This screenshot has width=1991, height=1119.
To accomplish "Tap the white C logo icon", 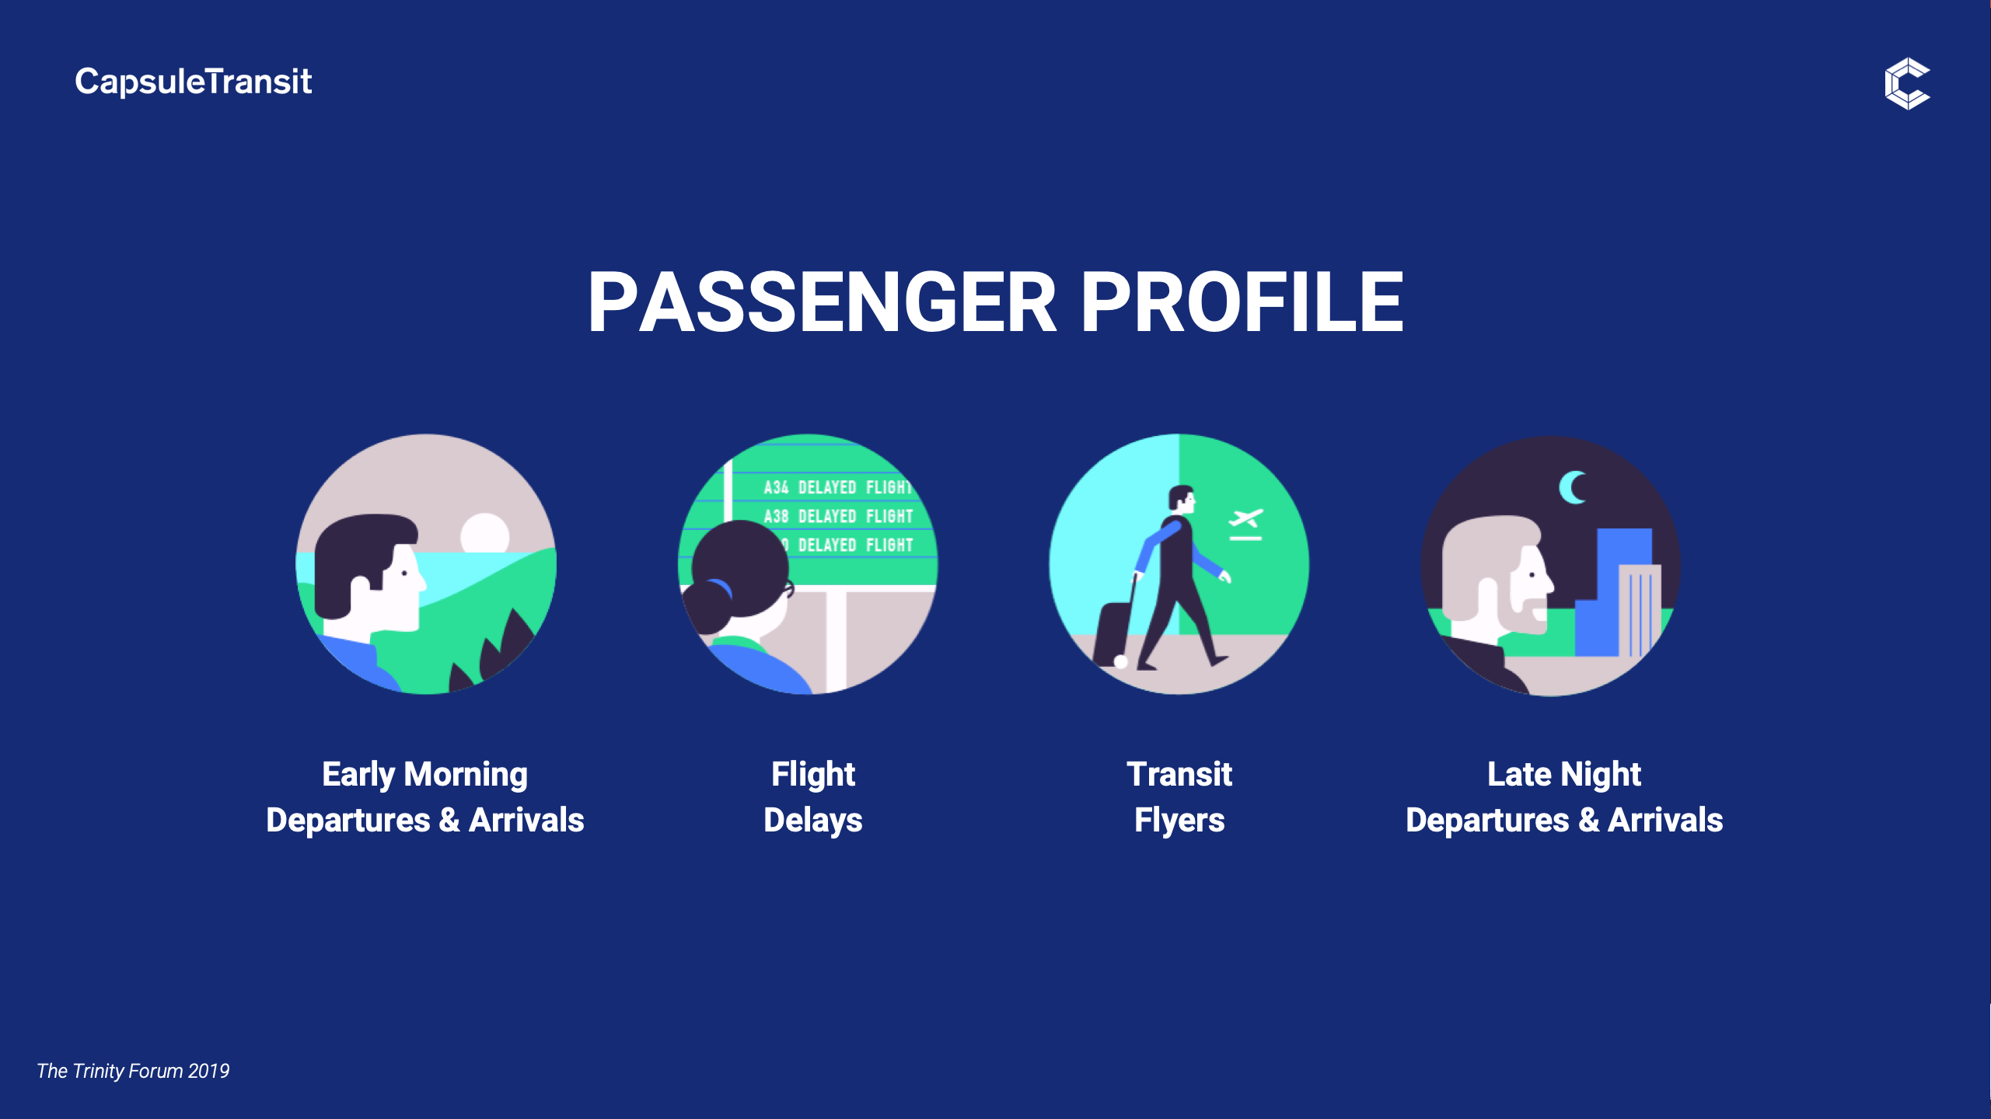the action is [1907, 83].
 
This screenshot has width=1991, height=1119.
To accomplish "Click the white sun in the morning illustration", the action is [484, 534].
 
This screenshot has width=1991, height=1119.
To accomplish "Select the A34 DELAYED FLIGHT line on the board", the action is [837, 487].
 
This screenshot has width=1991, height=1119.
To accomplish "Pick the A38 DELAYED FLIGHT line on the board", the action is [838, 516].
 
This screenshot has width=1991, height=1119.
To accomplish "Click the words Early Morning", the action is [424, 775].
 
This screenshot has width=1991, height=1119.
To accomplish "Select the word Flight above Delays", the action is [813, 775].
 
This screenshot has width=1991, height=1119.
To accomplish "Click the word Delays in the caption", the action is [813, 821].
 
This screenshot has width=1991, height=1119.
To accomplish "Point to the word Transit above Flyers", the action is [1179, 774].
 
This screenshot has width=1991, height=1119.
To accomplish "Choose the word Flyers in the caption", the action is [1179, 821].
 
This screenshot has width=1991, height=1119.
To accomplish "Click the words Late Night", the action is [1564, 775].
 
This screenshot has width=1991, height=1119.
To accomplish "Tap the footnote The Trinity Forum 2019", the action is [133, 1071].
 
